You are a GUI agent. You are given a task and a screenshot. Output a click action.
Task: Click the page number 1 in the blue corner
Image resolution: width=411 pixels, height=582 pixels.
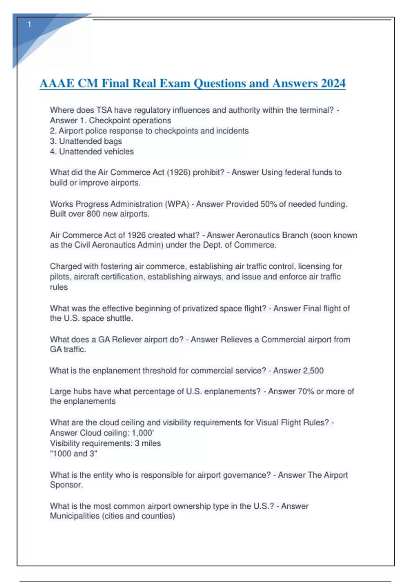tap(29, 25)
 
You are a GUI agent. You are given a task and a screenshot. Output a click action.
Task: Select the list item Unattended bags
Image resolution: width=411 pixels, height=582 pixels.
tap(90, 141)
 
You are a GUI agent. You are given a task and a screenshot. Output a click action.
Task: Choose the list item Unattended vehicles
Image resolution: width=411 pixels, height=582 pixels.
tap(96, 151)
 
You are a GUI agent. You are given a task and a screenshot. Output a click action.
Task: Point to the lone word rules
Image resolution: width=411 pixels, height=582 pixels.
tap(59, 287)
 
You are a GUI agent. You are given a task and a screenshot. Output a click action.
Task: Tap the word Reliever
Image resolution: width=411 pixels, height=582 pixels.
tap(127, 340)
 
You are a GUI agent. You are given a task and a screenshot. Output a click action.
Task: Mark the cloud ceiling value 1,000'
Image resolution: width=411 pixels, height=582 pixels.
tap(142, 433)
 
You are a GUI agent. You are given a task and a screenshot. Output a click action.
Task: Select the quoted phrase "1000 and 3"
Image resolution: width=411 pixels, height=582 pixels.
tap(74, 454)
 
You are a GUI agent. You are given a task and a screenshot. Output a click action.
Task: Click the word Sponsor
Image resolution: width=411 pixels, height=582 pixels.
tap(66, 485)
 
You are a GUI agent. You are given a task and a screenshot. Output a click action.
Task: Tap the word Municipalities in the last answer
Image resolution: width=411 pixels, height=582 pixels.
tap(75, 516)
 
